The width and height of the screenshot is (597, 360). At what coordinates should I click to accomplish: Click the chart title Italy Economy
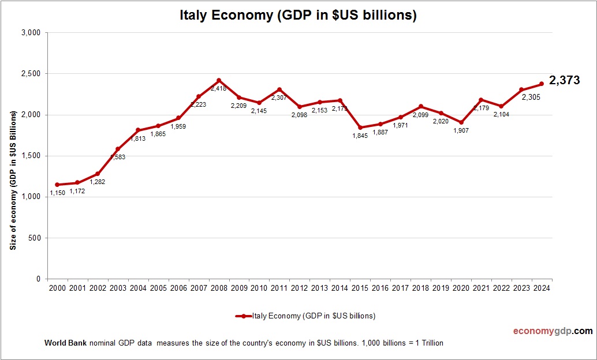(x=298, y=16)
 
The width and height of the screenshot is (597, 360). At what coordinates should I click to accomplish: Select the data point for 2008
(x=219, y=80)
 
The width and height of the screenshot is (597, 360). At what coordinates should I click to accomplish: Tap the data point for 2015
(x=360, y=127)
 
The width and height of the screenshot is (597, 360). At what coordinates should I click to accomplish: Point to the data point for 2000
(x=57, y=185)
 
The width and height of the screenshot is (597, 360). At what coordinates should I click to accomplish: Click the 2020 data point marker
(x=461, y=122)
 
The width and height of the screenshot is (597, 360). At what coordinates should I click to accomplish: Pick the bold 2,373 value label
(x=564, y=81)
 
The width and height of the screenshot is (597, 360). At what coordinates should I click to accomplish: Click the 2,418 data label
(x=219, y=88)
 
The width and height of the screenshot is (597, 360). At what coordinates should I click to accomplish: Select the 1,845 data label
(x=359, y=136)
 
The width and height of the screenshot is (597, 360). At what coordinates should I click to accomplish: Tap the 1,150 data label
(x=57, y=193)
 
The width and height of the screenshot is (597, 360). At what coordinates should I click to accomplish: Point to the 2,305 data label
(x=531, y=97)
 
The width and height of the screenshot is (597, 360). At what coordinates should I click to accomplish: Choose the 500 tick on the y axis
(x=34, y=238)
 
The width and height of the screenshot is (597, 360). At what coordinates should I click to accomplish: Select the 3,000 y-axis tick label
(x=29, y=33)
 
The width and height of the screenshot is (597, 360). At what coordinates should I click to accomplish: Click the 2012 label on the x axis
(x=300, y=288)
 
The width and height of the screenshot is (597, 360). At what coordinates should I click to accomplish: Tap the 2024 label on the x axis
(x=542, y=288)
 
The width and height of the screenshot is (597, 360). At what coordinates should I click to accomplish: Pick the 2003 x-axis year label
(x=118, y=288)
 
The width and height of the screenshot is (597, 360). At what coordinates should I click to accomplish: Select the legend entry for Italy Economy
(x=306, y=316)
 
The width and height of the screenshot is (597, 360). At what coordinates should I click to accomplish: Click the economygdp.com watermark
(x=553, y=331)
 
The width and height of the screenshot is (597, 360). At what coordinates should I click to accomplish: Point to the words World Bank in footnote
(x=65, y=343)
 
